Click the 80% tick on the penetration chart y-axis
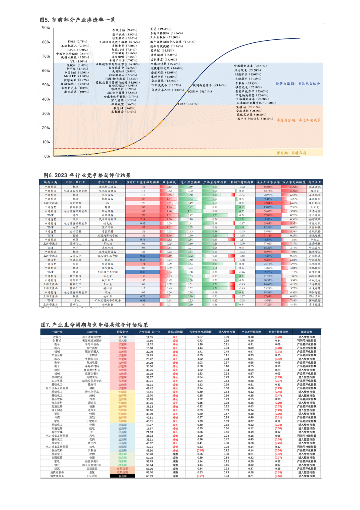[46, 42]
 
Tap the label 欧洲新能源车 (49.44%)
[209, 85]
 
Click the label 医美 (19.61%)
[160, 29]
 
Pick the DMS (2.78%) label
[78, 42]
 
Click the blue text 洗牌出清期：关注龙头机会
[298, 84]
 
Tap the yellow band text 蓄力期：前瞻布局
[291, 153]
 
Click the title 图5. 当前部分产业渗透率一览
[78, 20]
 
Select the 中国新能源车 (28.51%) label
[250, 66]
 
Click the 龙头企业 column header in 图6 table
[315, 182]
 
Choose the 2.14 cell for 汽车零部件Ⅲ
[143, 219]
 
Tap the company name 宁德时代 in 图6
[315, 223]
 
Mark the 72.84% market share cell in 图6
[268, 203]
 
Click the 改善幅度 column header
[169, 182]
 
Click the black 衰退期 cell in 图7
[122, 476]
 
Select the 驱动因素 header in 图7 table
[306, 332]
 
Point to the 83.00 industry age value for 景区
[150, 472]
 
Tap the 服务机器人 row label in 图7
[92, 352]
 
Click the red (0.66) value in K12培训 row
[278, 476]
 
